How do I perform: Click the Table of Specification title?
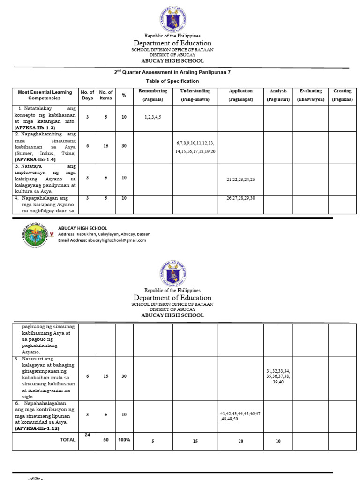tap(172, 81)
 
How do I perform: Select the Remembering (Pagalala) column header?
tap(153, 95)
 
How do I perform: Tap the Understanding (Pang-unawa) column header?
tap(195, 95)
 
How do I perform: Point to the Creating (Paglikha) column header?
tap(342, 95)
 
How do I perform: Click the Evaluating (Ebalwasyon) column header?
tap(310, 95)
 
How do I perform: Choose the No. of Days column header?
tap(87, 95)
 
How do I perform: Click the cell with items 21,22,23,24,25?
tap(240, 180)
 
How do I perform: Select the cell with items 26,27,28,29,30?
tap(240, 198)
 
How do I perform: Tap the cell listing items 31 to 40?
tap(278, 376)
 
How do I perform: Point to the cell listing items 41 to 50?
tap(240, 416)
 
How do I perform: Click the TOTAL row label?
tap(67, 440)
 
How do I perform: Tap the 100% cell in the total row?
tap(124, 440)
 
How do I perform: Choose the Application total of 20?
tap(240, 441)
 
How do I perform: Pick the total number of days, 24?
tap(87, 435)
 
